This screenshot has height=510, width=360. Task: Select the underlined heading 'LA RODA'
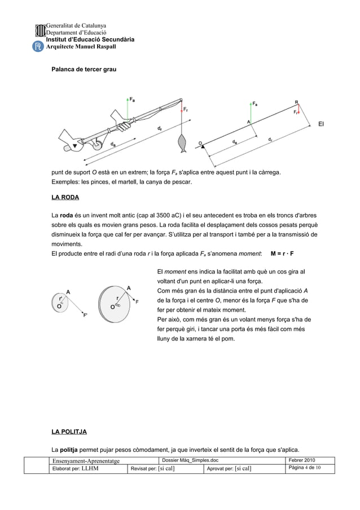coord(65,198)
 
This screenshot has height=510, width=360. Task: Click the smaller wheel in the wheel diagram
coord(60,302)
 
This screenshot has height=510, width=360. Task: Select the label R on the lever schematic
coord(297,102)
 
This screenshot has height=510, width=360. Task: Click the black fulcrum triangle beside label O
coord(202,146)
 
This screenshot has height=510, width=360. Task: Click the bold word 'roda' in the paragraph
coord(67,215)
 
